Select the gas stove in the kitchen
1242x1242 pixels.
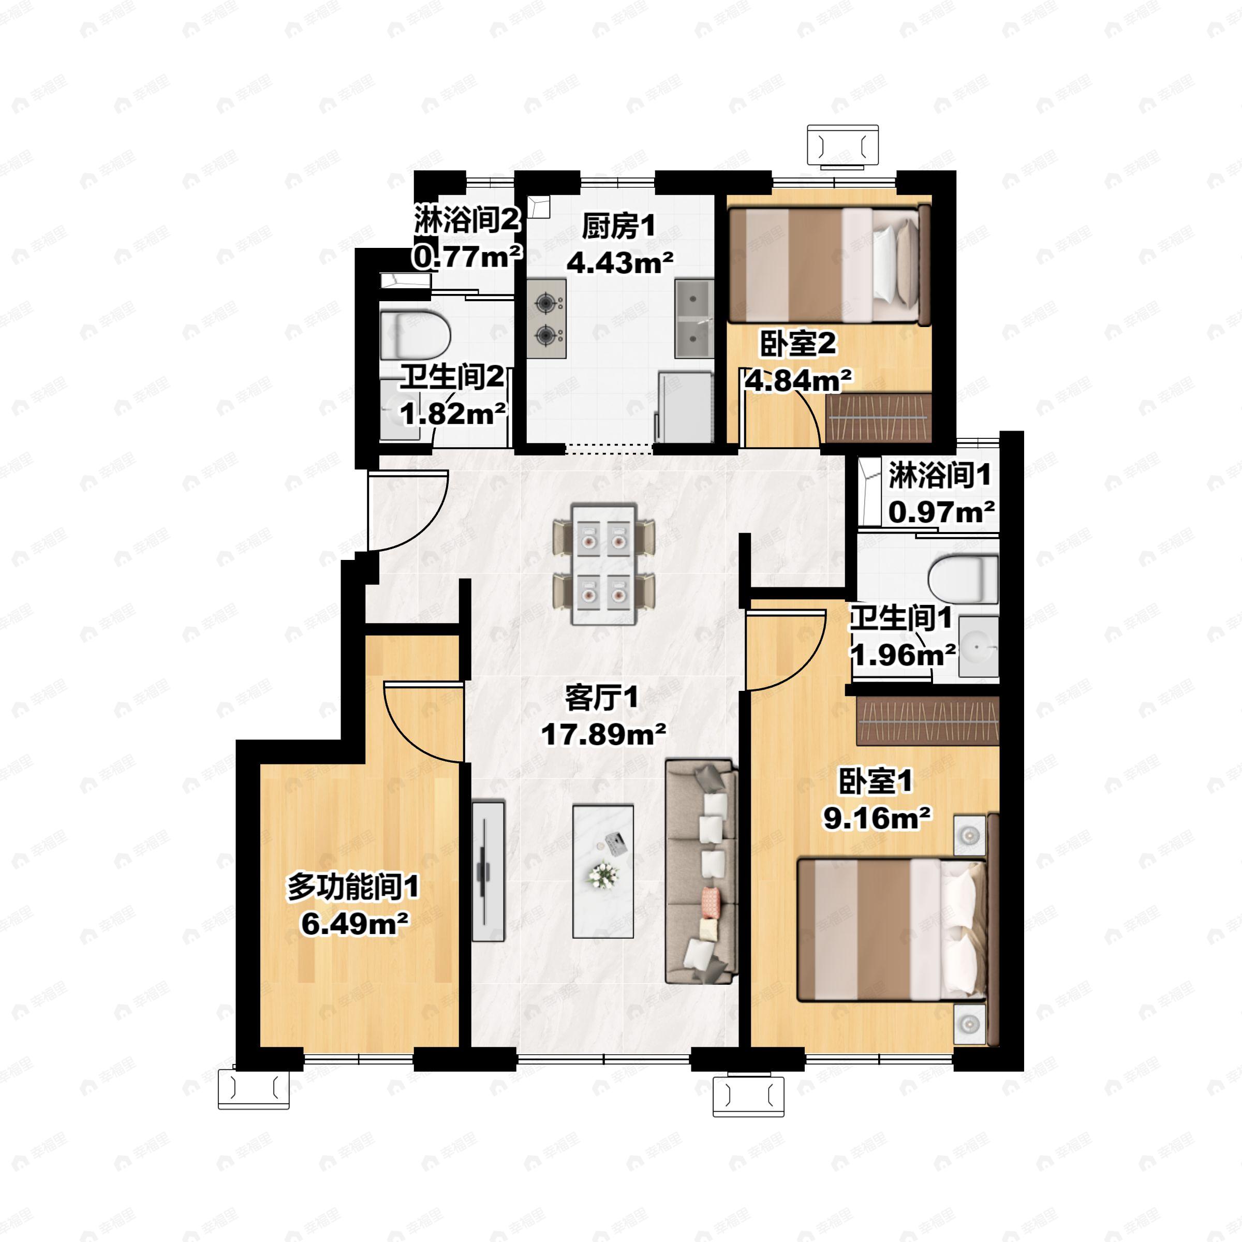546,318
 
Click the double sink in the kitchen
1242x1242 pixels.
694,318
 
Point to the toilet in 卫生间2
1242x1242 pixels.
415,335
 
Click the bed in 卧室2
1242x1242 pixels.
829,265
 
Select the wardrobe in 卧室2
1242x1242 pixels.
878,417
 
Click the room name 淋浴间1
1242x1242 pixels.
939,476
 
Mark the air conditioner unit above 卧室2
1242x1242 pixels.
844,146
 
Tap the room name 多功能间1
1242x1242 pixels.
353,889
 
